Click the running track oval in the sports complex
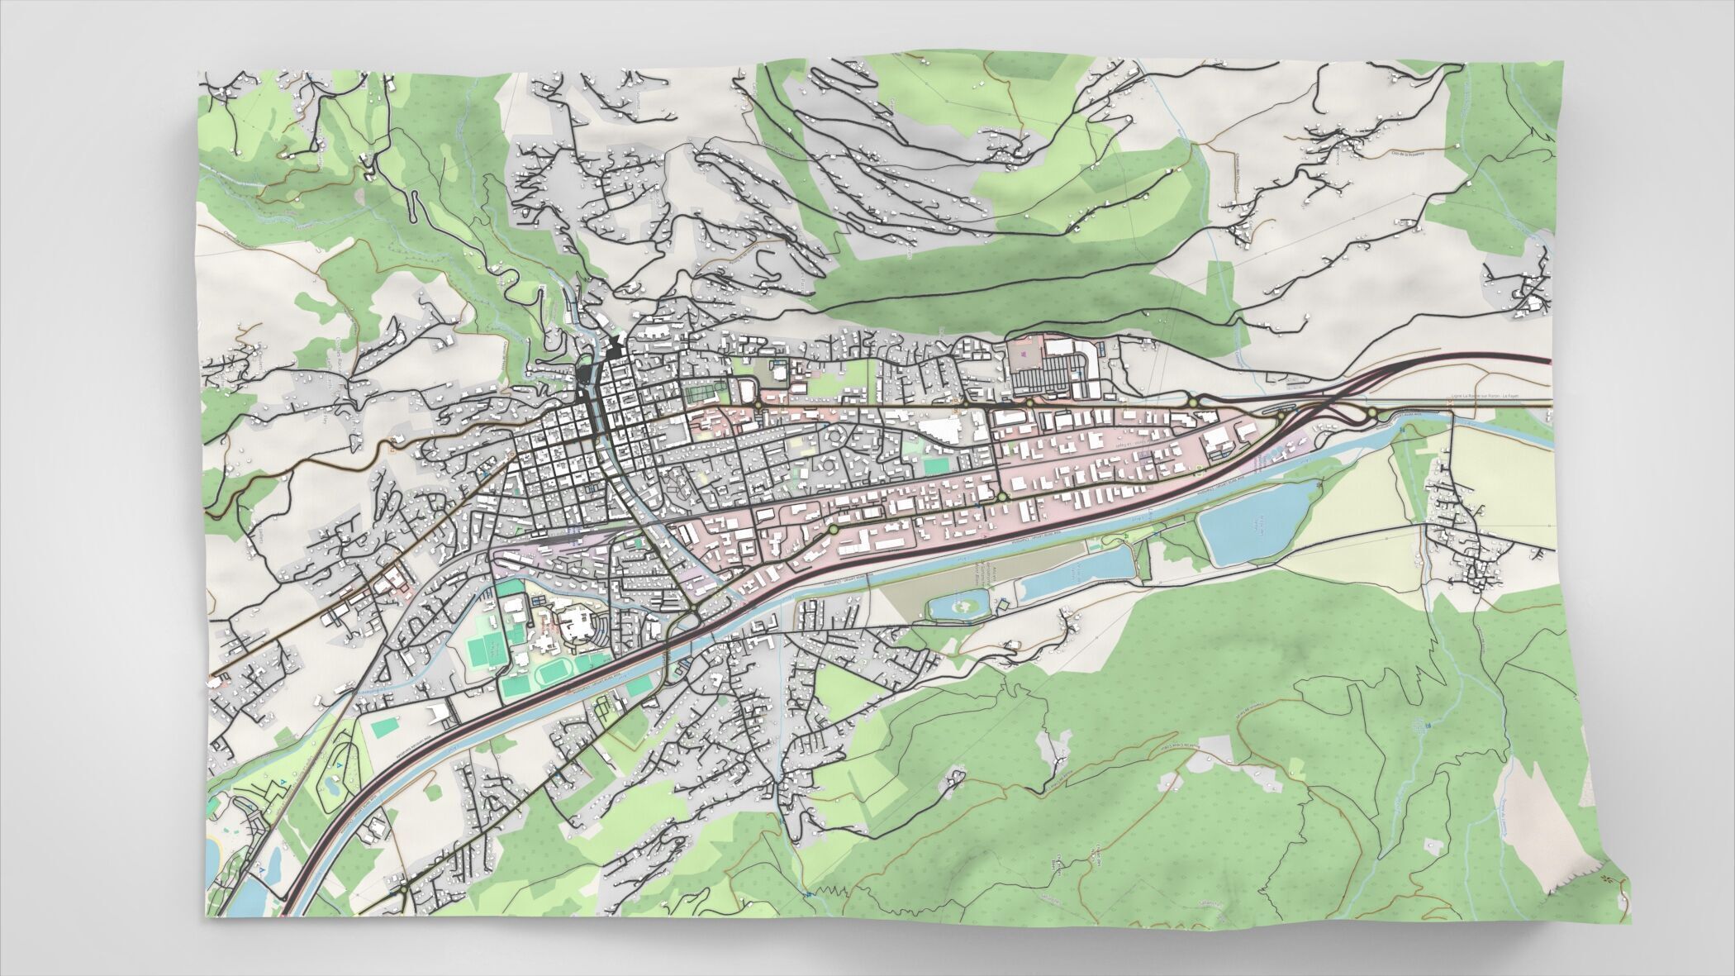[x=553, y=674]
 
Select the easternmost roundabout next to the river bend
[x=1371, y=412]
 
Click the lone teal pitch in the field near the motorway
[x=385, y=728]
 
